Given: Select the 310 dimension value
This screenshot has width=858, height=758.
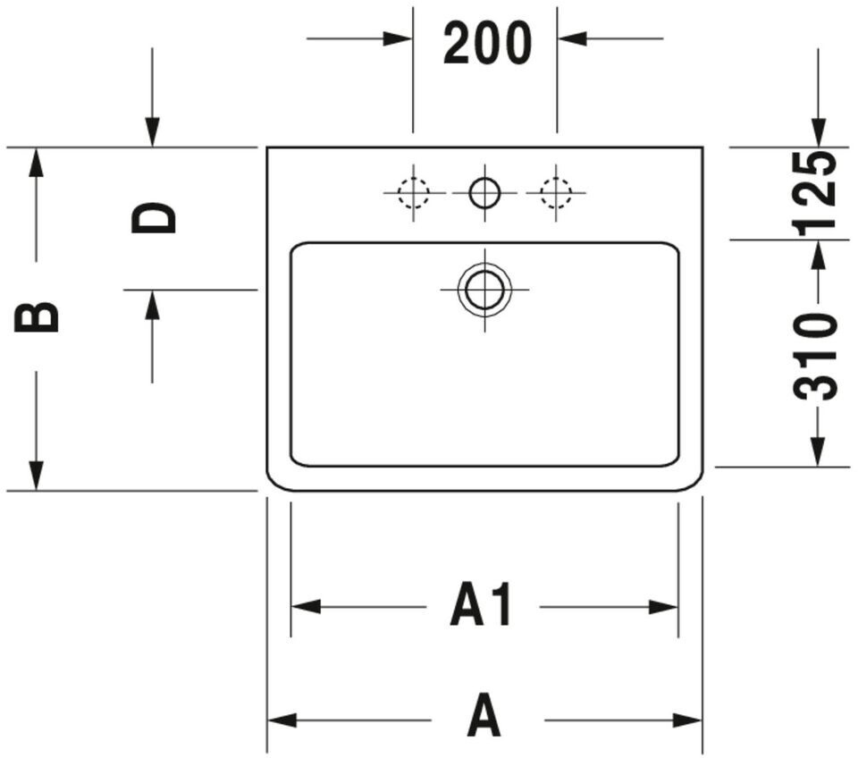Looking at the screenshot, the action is (x=817, y=355).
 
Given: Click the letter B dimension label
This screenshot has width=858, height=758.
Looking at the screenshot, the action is (x=37, y=316).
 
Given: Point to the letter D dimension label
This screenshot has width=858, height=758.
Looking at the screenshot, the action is (x=154, y=218).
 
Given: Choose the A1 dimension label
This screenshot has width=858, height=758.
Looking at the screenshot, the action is (x=483, y=607).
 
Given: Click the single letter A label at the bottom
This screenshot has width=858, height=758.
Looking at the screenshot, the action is (x=484, y=719).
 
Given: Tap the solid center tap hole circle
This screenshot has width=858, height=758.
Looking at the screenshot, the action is (x=484, y=191).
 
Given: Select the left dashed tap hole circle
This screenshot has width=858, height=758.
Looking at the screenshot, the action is (x=413, y=191).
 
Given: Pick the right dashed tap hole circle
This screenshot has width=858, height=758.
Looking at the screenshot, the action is (x=556, y=191).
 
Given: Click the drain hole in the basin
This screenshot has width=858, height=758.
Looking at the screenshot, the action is (x=484, y=290).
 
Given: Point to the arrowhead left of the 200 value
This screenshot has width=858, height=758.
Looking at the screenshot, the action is (x=398, y=38).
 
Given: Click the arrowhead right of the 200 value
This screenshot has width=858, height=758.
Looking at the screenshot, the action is (x=572, y=38).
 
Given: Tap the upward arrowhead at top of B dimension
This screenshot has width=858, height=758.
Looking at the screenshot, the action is (x=36, y=162).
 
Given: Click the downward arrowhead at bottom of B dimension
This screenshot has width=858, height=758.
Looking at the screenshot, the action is (x=36, y=476).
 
